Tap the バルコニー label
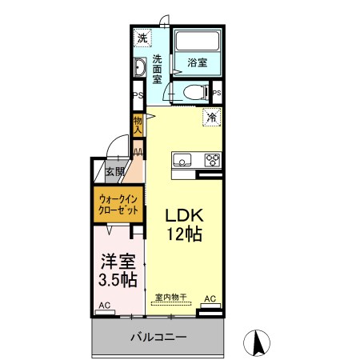click(158, 337)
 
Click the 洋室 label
click(118, 262)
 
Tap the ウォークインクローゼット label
click(118, 203)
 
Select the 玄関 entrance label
click(114, 171)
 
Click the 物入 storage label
click(138, 125)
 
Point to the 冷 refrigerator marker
click(212, 117)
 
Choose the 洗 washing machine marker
click(142, 38)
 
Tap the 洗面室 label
click(158, 69)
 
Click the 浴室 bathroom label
click(198, 61)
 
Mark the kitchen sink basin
click(182, 158)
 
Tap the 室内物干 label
click(170, 298)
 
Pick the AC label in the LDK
click(210, 299)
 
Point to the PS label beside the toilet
click(217, 92)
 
